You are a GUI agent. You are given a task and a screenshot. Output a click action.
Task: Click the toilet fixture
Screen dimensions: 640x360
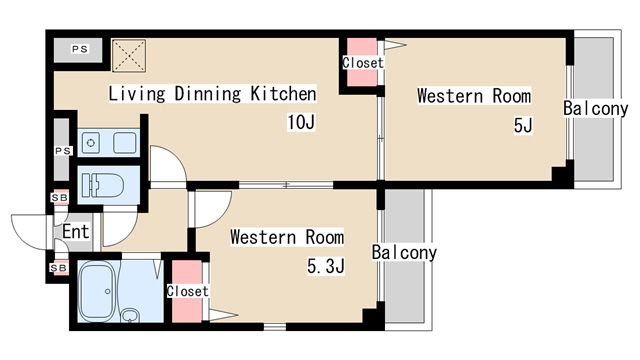point(103,185)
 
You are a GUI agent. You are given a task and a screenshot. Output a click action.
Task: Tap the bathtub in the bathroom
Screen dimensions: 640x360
point(98,291)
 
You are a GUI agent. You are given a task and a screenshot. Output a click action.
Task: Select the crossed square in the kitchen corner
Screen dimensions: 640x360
point(129,56)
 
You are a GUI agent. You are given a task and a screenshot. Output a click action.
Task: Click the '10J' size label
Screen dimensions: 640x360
point(301,122)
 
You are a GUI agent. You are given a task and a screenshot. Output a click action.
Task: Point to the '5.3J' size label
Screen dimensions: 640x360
point(326,266)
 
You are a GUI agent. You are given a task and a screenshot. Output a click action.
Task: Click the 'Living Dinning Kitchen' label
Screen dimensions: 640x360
point(212,93)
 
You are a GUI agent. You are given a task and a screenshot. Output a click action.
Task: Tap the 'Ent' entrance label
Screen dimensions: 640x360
point(76,231)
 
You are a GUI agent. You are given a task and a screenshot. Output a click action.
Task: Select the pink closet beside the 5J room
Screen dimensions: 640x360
point(362,62)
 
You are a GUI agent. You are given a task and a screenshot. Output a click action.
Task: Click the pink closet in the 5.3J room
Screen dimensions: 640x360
point(187,291)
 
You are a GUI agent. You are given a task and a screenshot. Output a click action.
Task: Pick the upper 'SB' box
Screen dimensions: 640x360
point(60,198)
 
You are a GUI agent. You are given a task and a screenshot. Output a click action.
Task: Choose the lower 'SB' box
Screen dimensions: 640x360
point(59,268)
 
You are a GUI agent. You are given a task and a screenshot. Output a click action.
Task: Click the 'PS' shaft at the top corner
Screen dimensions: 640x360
point(78,50)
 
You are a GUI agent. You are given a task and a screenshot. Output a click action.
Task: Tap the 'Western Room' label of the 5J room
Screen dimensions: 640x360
point(474,96)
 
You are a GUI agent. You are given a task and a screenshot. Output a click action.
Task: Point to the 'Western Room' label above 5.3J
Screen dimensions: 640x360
point(287,237)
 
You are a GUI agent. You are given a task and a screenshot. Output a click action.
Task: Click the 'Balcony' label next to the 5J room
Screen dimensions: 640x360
point(596,108)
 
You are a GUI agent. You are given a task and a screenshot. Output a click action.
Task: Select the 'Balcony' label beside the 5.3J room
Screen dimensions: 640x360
point(404,252)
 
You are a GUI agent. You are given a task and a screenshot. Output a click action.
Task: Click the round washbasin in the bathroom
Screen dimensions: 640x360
point(130,315)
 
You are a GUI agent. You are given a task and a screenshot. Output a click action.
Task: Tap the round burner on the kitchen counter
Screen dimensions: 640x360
point(91,143)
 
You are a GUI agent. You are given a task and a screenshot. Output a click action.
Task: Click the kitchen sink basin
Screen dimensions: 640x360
point(124,143)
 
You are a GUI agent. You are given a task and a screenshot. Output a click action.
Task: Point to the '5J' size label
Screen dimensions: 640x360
point(523,125)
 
